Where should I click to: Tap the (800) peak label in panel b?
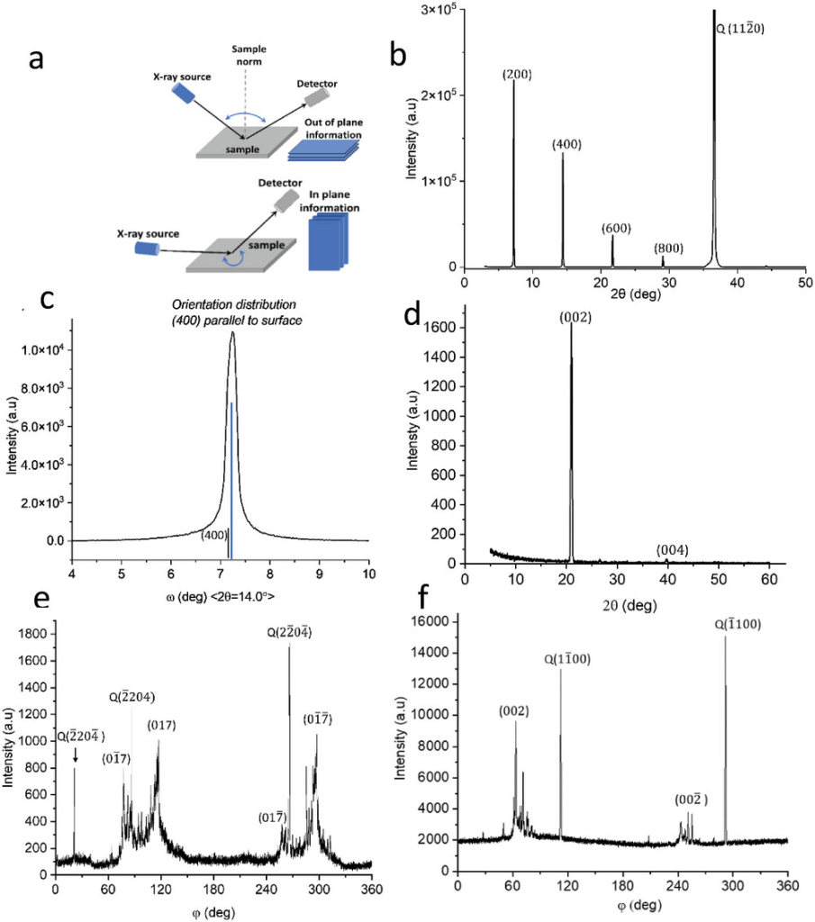[x=667, y=249]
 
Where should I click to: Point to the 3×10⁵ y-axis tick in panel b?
[x=438, y=10]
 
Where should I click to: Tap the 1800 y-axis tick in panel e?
[x=32, y=634]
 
